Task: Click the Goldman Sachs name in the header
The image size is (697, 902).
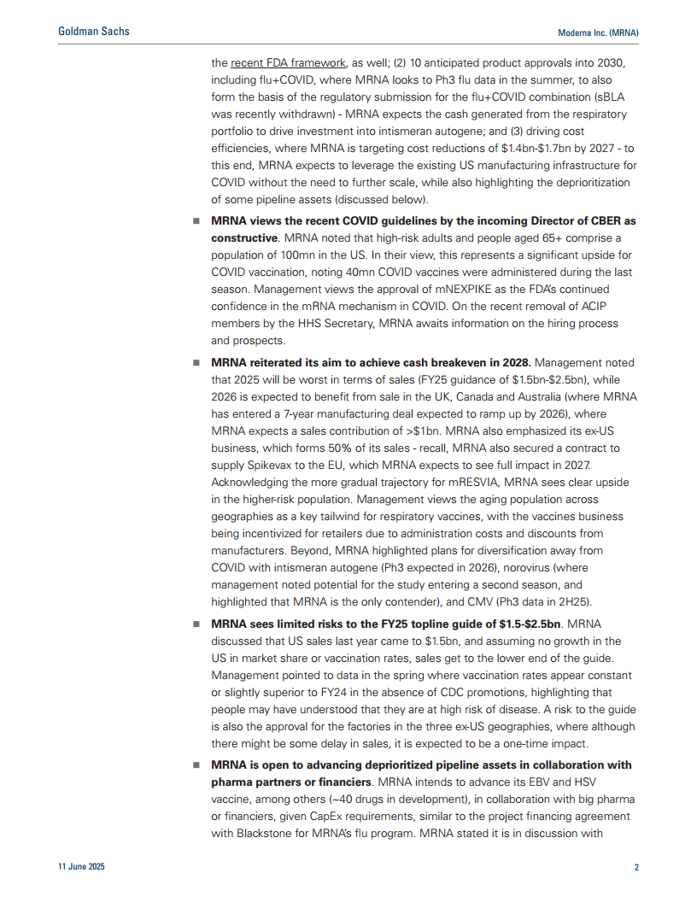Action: pos(94,32)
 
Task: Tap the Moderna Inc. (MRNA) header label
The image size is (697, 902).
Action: pos(598,32)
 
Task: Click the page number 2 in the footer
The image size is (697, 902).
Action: pos(636,867)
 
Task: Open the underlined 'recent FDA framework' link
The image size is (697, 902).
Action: pos(289,62)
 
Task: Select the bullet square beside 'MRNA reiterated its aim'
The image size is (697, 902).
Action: pos(195,362)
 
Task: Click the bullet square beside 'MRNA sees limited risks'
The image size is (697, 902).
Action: pos(195,624)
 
